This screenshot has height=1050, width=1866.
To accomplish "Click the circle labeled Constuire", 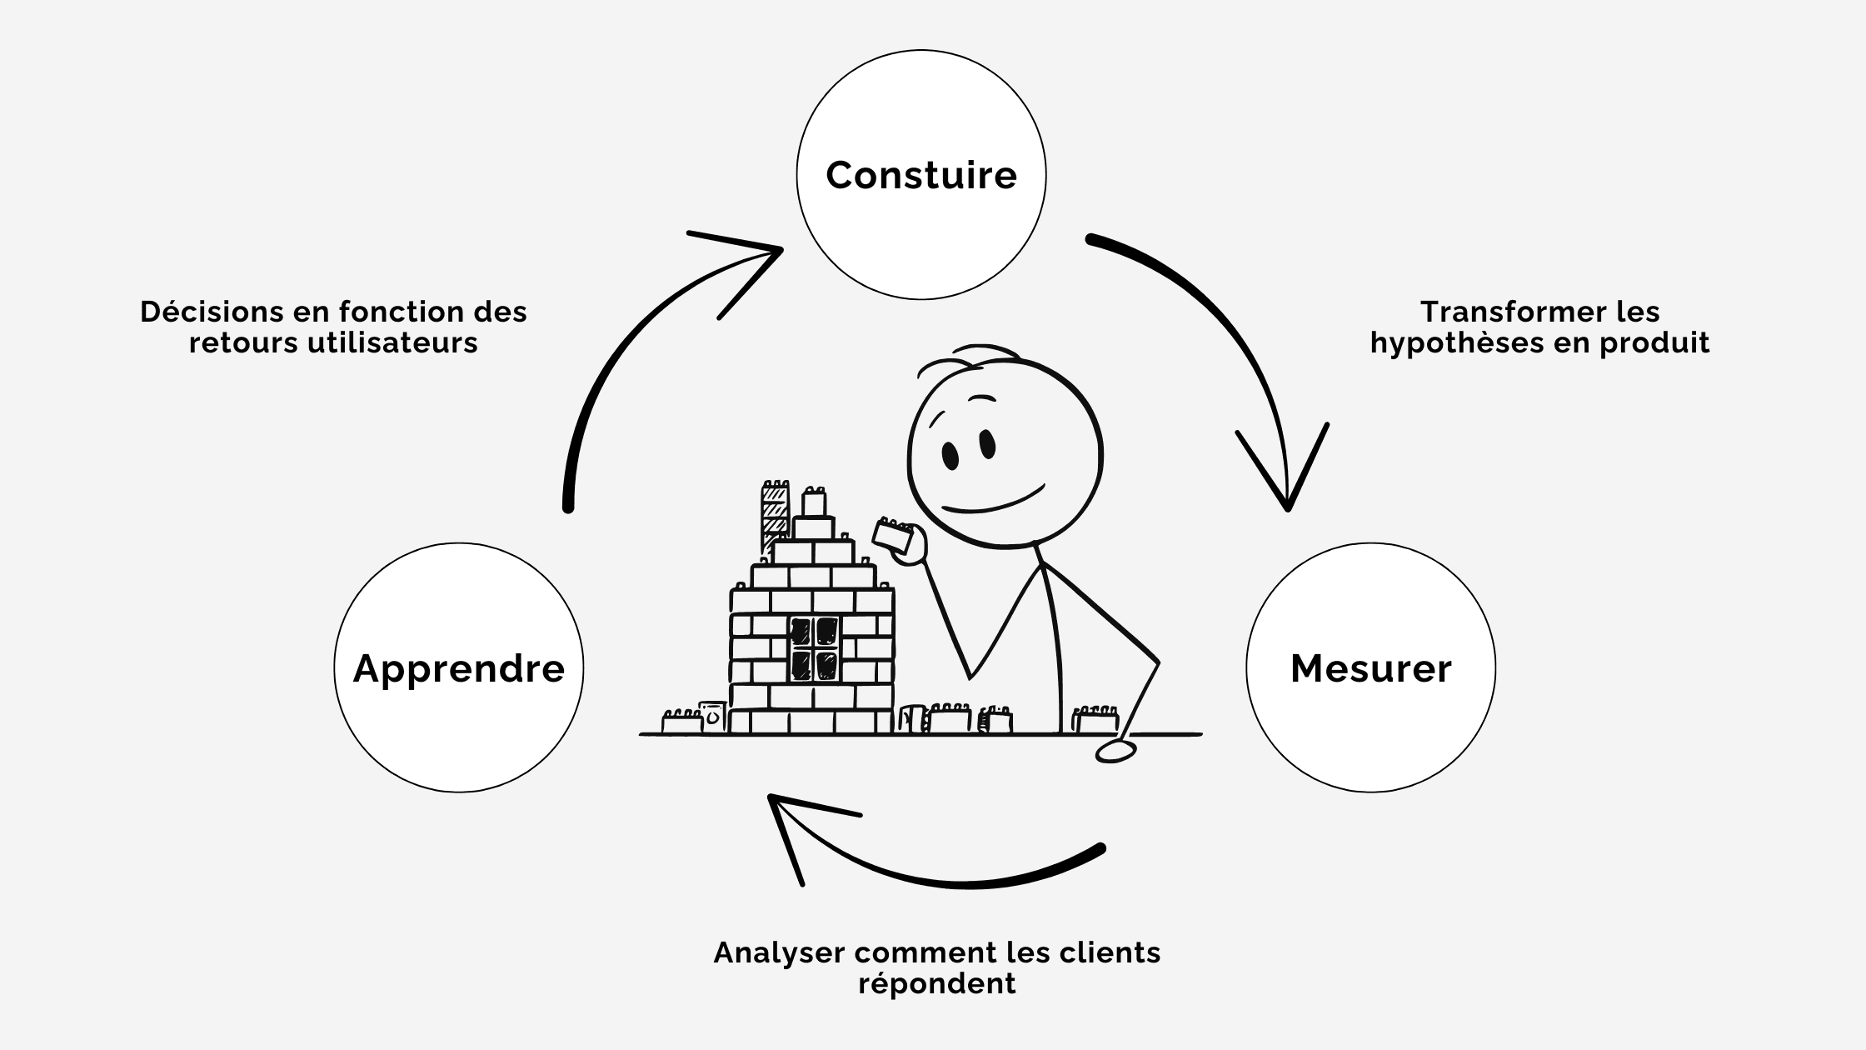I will click(921, 175).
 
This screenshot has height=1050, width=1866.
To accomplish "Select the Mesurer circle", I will click(1370, 668).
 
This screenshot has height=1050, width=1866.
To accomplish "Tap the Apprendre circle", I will click(458, 668).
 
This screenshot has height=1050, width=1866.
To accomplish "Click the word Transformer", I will click(1484, 312).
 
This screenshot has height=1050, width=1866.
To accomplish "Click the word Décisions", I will click(212, 312).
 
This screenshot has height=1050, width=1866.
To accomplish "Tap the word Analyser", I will click(779, 952).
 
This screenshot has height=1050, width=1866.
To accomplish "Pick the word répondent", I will click(937, 983).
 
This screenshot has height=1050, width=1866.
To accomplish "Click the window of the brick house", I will click(814, 648).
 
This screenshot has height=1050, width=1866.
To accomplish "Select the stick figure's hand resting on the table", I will click(1115, 751).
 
